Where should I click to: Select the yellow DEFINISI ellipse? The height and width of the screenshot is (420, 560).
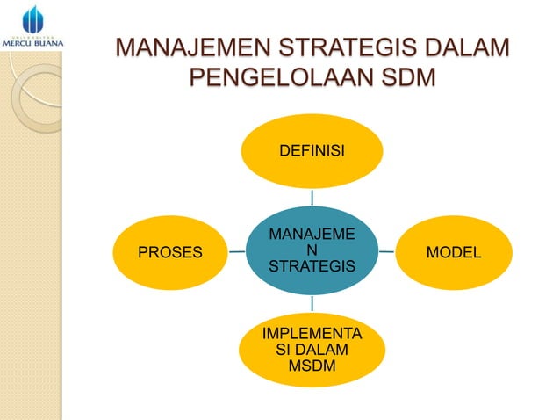coord(312,151)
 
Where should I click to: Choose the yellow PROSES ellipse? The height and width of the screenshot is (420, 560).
coord(170,252)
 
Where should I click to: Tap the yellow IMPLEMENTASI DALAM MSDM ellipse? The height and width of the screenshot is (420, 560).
coord(312,351)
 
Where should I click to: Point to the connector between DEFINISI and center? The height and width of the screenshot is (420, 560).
coord(312,197)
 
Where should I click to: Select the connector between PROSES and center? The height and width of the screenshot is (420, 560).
coord(236,251)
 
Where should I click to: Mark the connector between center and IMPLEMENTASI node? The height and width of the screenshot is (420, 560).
coord(312,305)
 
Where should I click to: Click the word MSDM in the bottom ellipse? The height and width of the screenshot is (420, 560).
coord(312,366)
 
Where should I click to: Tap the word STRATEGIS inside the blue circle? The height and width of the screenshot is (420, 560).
coord(312,266)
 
